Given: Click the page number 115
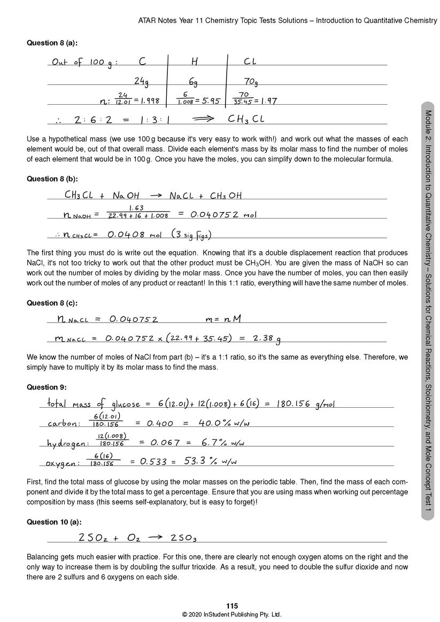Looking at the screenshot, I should coord(231,606).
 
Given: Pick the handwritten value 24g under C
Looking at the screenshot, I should coord(141,81).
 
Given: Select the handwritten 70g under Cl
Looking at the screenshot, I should coord(250,82).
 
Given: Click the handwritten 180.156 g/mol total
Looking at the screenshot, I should coord(306,404).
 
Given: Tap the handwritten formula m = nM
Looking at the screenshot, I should coord(223,320).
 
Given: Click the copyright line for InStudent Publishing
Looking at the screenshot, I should coord(231,615).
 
